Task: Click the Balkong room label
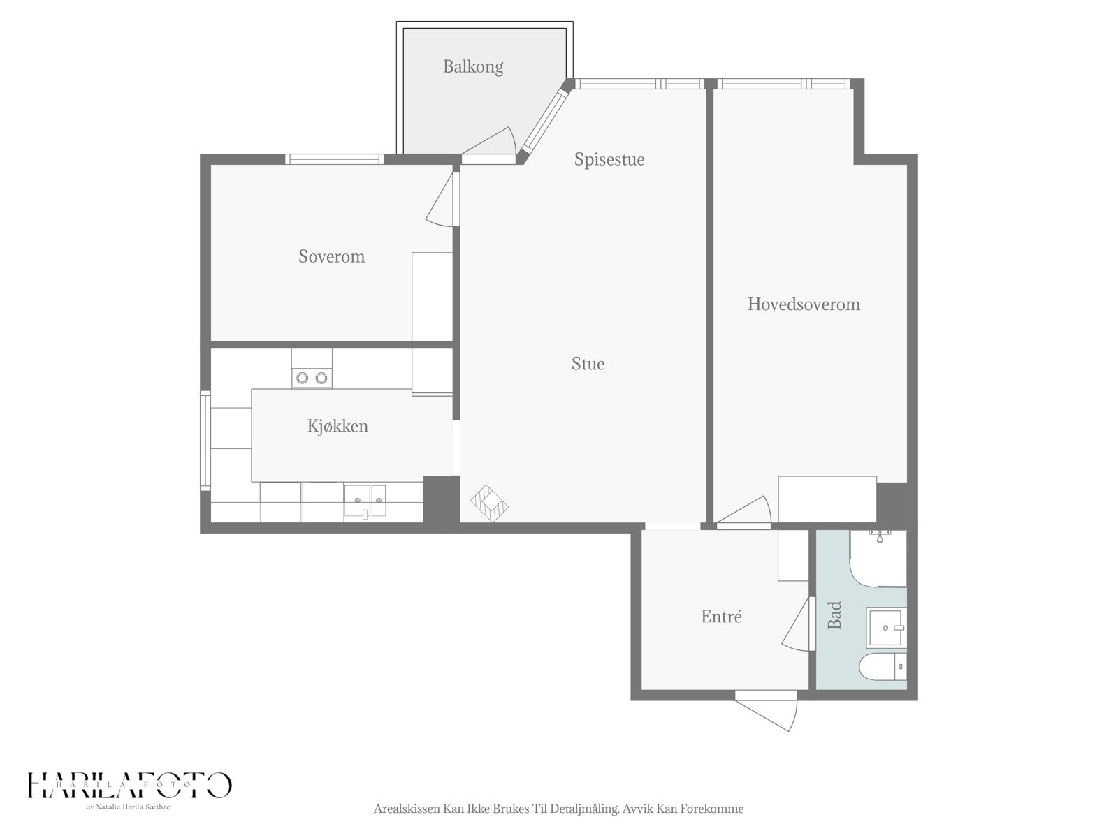473,67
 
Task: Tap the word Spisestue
609,159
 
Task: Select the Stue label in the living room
588,364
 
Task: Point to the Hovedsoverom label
804,304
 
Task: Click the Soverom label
331,256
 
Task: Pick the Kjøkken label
337,426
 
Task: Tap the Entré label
721,617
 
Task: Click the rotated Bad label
834,615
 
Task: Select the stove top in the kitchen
312,377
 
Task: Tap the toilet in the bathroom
880,668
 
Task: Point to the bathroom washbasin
886,627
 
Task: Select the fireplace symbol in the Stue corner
489,503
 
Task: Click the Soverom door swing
442,203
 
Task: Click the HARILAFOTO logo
129,786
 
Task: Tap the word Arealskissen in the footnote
406,809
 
